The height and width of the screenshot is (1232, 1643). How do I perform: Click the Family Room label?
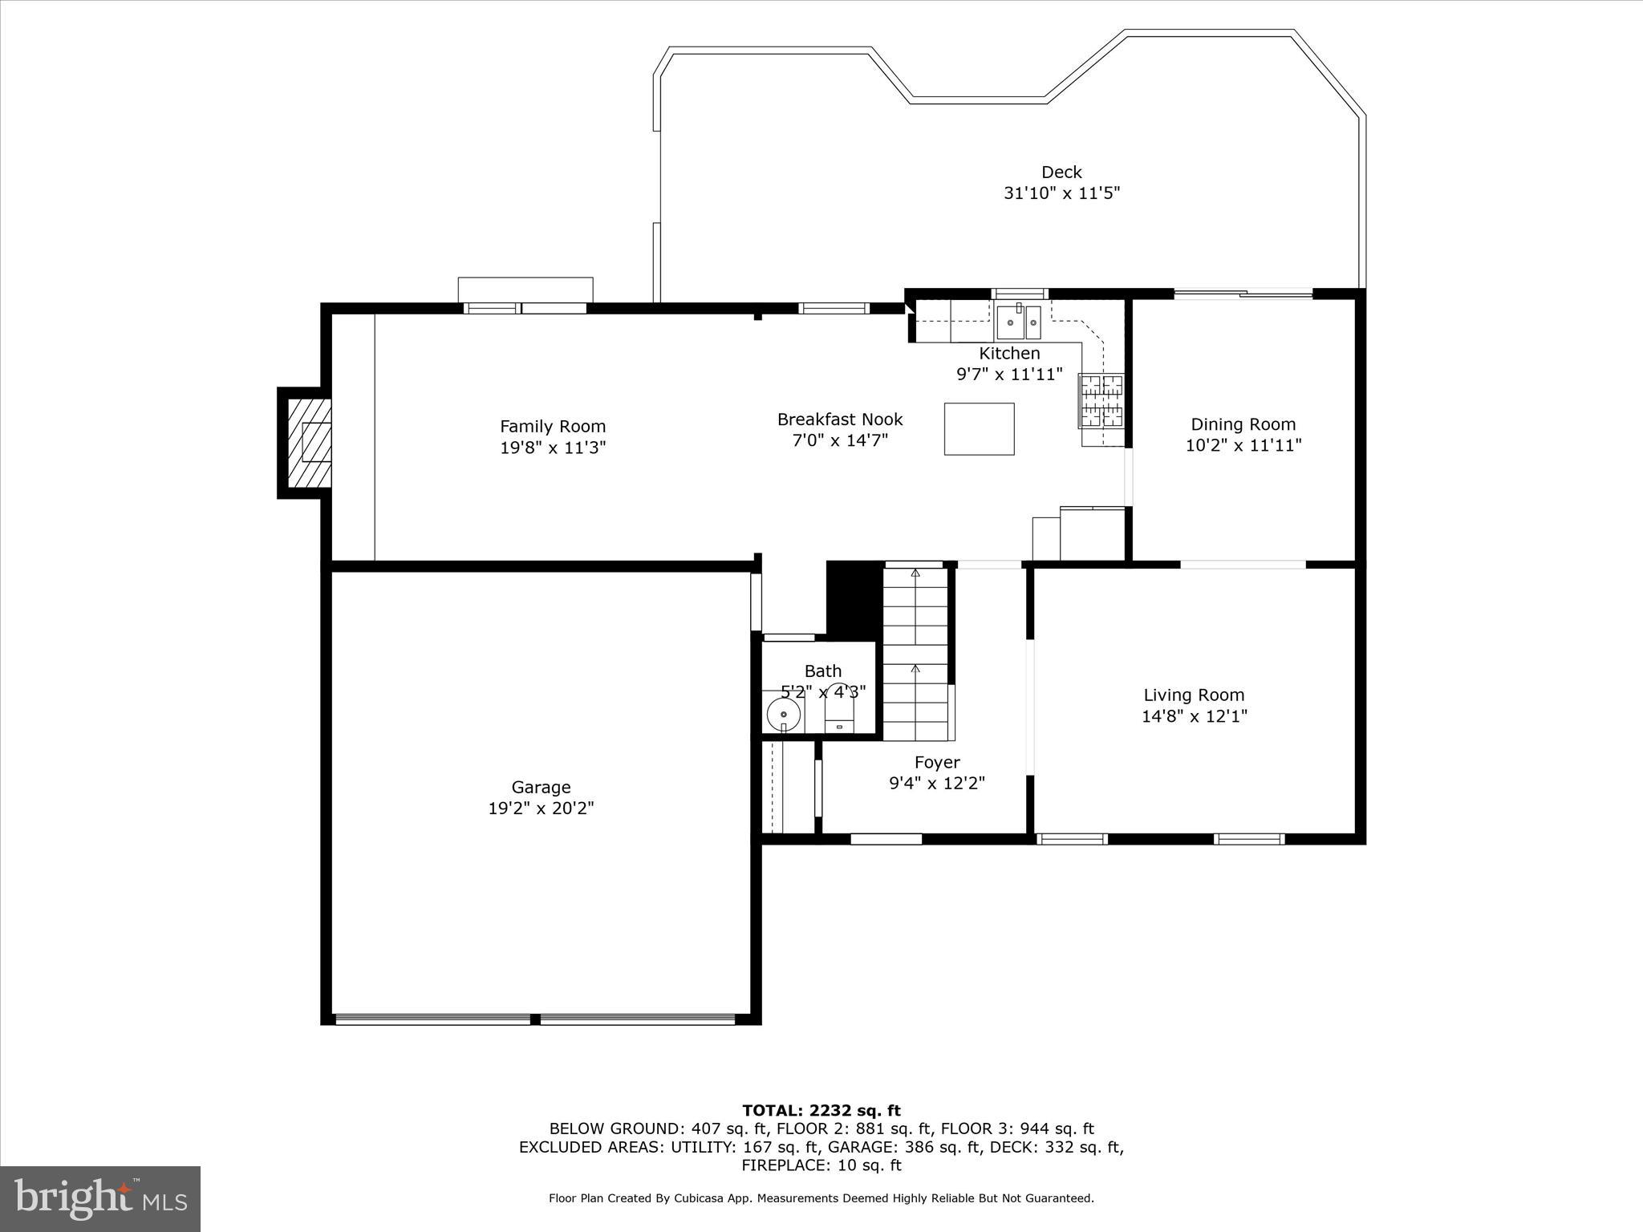pyautogui.click(x=553, y=427)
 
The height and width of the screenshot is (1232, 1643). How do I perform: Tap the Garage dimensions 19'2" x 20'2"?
pyautogui.click(x=541, y=808)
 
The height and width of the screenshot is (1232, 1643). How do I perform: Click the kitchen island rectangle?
pyautogui.click(x=979, y=429)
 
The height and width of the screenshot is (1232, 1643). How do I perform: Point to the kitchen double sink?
pyautogui.click(x=1019, y=322)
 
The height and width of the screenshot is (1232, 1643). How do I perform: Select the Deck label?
pyautogui.click(x=1061, y=172)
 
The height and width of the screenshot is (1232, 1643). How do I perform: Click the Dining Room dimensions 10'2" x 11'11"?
pyautogui.click(x=1243, y=445)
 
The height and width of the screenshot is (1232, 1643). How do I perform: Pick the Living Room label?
pyautogui.click(x=1194, y=695)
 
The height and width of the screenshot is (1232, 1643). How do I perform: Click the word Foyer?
pyautogui.click(x=936, y=762)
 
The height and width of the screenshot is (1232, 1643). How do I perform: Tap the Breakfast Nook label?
pyautogui.click(x=839, y=419)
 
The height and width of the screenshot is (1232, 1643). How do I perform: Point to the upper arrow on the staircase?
pyautogui.click(x=915, y=573)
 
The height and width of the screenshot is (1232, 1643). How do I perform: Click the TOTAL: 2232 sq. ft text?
pyautogui.click(x=821, y=1111)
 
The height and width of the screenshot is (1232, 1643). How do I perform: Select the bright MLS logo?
pyautogui.click(x=100, y=1199)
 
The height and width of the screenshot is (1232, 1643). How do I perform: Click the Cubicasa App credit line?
pyautogui.click(x=821, y=1198)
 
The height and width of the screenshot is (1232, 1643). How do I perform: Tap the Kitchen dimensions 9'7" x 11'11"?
pyautogui.click(x=1008, y=374)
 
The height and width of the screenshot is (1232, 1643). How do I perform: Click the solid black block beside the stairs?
pyautogui.click(x=854, y=598)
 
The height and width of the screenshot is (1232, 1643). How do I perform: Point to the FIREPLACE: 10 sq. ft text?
pyautogui.click(x=821, y=1165)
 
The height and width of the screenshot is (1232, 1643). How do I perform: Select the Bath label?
pyautogui.click(x=823, y=671)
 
